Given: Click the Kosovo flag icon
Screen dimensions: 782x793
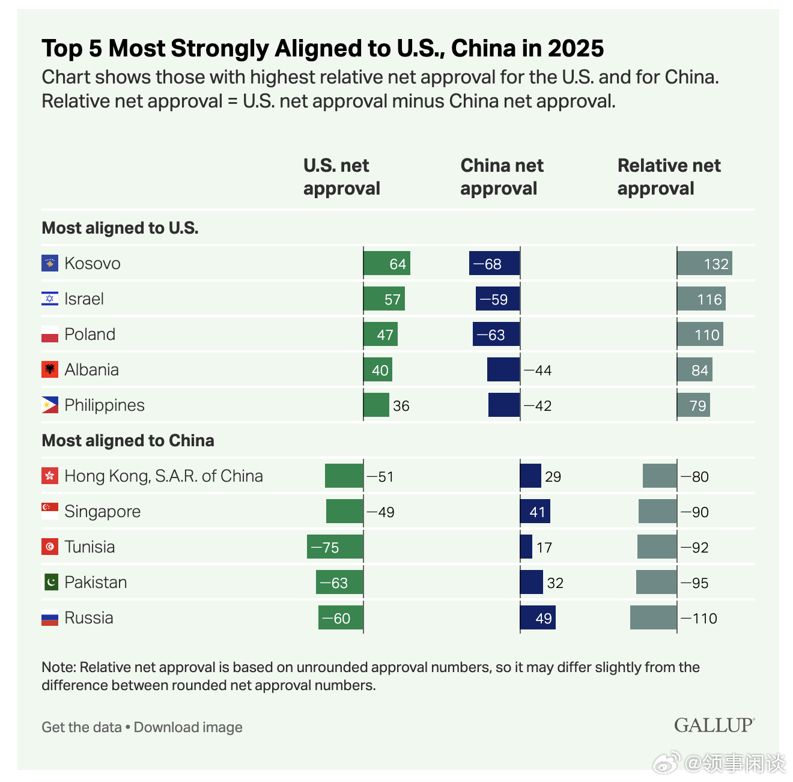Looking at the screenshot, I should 50,263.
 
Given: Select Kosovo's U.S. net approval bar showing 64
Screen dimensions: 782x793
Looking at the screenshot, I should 387,264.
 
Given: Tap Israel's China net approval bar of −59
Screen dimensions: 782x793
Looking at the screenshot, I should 497,299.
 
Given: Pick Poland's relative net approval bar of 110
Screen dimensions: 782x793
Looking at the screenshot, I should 700,335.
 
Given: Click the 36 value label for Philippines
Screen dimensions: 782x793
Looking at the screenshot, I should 401,406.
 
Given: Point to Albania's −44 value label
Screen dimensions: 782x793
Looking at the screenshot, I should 538,371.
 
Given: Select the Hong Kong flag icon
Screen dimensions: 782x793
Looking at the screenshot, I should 50,476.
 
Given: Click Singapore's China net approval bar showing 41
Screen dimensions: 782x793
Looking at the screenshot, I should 535,512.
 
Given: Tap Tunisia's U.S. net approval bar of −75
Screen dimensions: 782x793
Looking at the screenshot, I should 335,547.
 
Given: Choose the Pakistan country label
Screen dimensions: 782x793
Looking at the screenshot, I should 96,583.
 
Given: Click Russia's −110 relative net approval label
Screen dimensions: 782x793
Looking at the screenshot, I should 699,619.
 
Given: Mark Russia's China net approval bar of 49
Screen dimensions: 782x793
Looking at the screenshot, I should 538,618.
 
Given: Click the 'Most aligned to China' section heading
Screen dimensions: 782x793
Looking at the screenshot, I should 128,441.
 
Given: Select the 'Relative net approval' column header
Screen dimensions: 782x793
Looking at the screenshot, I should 669,177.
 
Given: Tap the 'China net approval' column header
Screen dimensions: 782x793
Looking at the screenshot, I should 502,177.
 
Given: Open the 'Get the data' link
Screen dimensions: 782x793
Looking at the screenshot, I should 82,727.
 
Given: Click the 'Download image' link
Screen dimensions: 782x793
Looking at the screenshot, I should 188,727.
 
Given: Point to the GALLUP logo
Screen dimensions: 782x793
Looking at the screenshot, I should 714,726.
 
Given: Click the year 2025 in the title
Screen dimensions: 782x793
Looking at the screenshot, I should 576,49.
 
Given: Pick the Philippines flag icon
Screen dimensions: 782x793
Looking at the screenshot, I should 50,405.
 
